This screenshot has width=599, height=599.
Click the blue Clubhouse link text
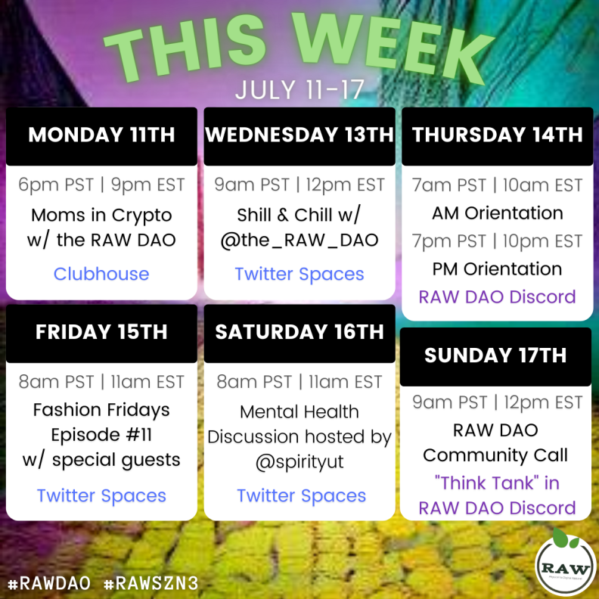pos(101,274)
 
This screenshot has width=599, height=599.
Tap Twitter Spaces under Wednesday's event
pos(299,275)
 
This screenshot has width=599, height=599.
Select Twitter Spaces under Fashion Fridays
pos(101,496)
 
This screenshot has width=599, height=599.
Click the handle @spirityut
pos(299,462)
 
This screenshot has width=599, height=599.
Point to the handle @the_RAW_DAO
pos(299,241)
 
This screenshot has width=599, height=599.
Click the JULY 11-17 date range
pos(299,90)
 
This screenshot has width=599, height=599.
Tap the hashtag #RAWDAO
pos(49,583)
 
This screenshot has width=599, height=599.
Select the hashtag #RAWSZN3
pos(151,583)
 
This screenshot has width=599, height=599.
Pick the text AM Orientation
pos(498,213)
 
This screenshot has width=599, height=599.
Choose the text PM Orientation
pos(498,269)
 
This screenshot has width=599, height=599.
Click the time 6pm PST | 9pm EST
pos(101,185)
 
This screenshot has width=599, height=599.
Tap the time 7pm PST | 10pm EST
pos(498,241)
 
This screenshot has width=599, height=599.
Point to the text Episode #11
pos(101,435)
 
